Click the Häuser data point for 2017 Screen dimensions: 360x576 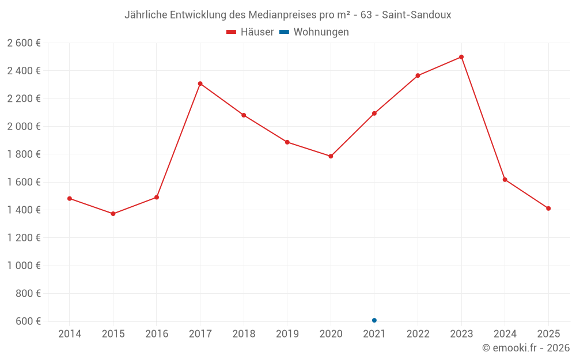pyautogui.click(x=200, y=84)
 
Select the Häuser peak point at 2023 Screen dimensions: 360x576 pyautogui.click(x=461, y=57)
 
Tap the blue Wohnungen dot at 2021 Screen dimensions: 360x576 pyautogui.click(x=374, y=320)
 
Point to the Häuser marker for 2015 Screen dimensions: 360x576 pyautogui.click(x=113, y=214)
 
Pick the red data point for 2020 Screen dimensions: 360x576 pyautogui.click(x=331, y=156)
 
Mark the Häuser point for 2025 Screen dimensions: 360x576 pyautogui.click(x=548, y=209)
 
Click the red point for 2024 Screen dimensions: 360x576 pyautogui.click(x=505, y=180)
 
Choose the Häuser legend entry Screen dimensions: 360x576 pyautogui.click(x=250, y=32)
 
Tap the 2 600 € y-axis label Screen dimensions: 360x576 pyautogui.click(x=24, y=43)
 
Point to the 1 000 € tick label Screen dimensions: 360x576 pyautogui.click(x=24, y=266)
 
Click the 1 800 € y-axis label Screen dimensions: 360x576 pyautogui.click(x=24, y=154)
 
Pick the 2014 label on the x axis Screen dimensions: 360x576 pyautogui.click(x=70, y=334)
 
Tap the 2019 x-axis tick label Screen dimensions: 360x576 pyautogui.click(x=287, y=334)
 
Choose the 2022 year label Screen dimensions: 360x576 pyautogui.click(x=418, y=334)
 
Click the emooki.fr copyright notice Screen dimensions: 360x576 pyautogui.click(x=526, y=348)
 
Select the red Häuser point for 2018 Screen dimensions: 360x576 pyautogui.click(x=244, y=115)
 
